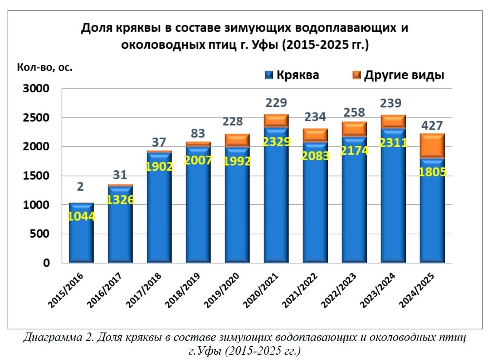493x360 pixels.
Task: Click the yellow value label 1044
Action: pos(81,217)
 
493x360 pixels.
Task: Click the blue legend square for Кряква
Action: pos(268,75)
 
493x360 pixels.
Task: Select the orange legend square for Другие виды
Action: pos(357,75)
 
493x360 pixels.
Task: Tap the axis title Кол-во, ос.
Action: pos(44,68)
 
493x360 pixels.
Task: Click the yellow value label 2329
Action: pos(276,142)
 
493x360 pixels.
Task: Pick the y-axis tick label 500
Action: pos(41,235)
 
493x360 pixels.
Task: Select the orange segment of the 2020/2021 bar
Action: pos(276,121)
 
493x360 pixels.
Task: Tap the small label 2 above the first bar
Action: pos(80,187)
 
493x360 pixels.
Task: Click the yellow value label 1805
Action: pos(431,170)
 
